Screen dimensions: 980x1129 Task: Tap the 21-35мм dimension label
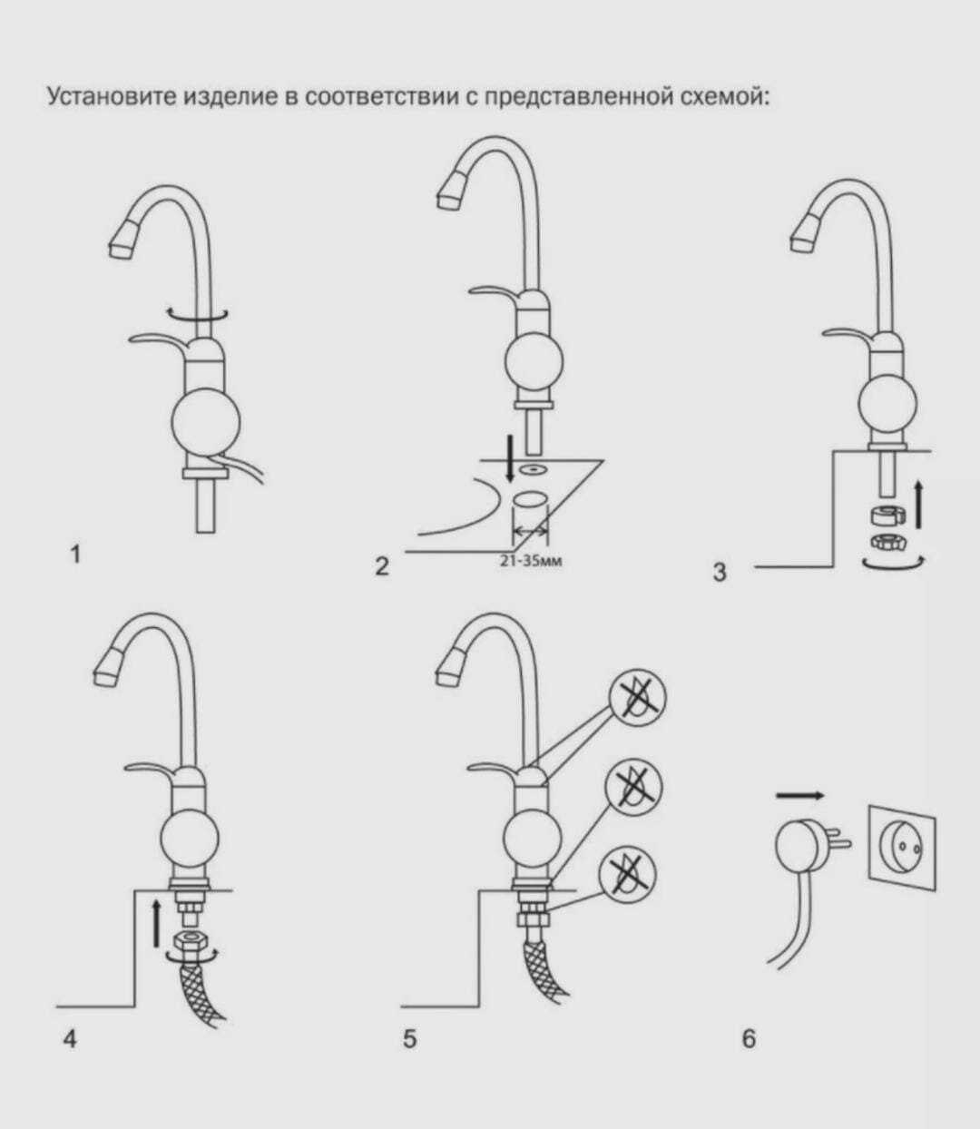click(x=531, y=563)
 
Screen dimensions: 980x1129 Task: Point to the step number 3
click(x=720, y=573)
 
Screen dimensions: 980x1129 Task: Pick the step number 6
click(x=749, y=1039)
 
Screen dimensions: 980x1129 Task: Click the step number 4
click(x=70, y=1040)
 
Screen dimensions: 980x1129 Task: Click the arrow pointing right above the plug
click(x=799, y=796)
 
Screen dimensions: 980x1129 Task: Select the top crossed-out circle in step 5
click(x=637, y=697)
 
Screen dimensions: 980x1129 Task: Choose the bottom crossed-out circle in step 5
click(x=628, y=880)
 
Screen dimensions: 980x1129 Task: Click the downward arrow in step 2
click(x=510, y=458)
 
